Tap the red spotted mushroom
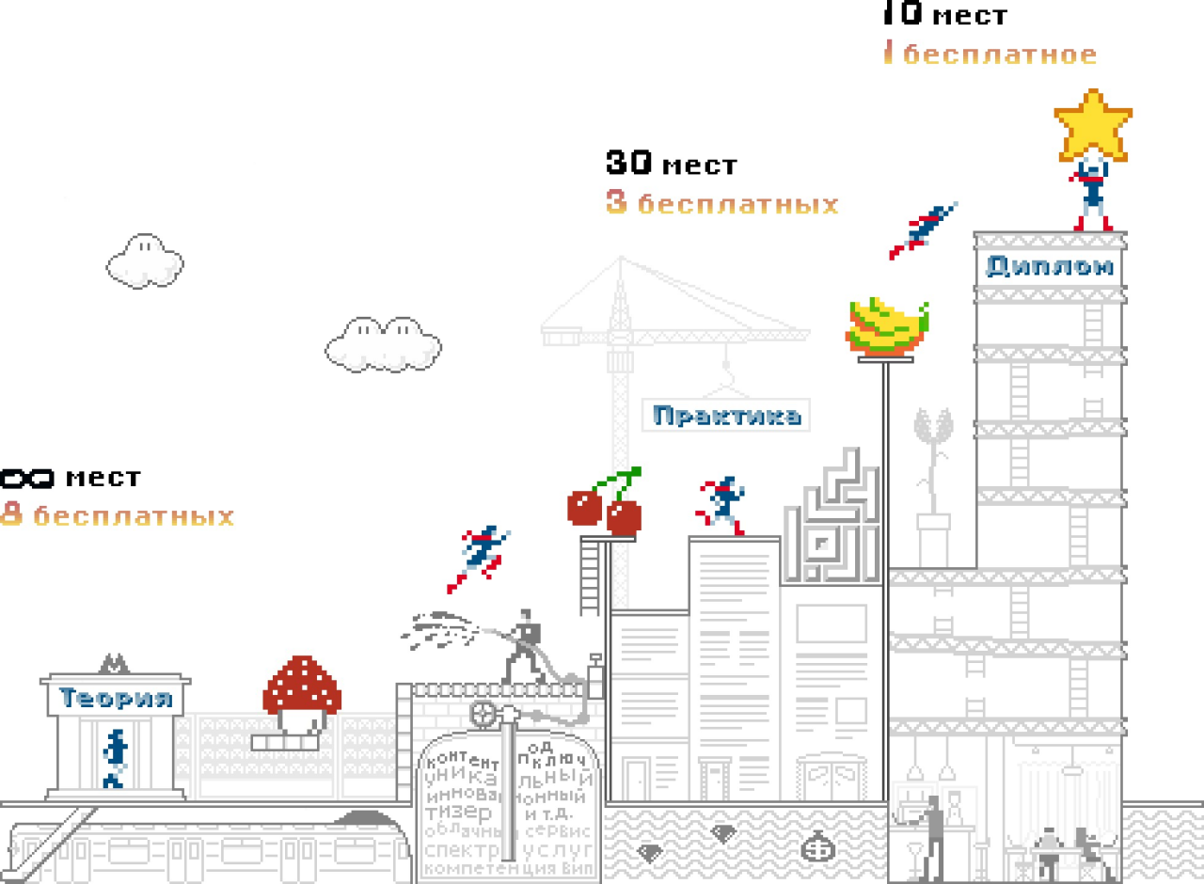(301, 685)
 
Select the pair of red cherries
(605, 507)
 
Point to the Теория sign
(116, 698)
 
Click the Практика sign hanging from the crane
(727, 415)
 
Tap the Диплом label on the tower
(1049, 266)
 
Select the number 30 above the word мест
(629, 163)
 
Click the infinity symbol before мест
(26, 479)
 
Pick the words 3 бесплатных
(721, 203)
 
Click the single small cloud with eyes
(144, 260)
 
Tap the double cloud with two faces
(384, 343)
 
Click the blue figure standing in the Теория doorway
(115, 758)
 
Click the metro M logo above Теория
(115, 663)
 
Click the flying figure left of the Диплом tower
(923, 230)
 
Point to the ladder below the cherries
(590, 576)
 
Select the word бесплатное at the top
(999, 55)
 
